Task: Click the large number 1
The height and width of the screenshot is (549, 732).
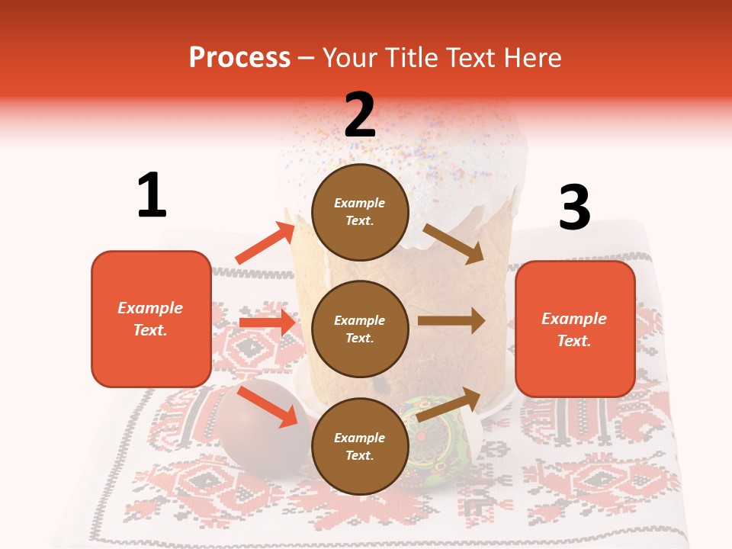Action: point(152,195)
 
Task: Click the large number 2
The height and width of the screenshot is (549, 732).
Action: point(360,114)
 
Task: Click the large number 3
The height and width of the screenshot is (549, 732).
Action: point(574,207)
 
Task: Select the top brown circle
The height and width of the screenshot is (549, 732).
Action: point(360,212)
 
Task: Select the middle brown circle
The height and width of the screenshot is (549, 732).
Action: point(360,329)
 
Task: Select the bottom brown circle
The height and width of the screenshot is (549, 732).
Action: point(360,446)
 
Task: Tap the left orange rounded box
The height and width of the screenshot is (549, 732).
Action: point(151,319)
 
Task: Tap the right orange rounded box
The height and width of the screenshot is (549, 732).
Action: point(575,329)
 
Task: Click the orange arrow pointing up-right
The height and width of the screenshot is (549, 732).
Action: point(265,243)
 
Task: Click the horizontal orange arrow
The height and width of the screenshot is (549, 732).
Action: point(267,323)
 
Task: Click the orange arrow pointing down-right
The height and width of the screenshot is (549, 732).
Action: point(268,406)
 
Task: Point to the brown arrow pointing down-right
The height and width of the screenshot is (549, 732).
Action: point(454,244)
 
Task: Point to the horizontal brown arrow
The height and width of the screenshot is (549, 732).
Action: point(451,321)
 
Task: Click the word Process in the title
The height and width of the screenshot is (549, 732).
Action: point(239,57)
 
